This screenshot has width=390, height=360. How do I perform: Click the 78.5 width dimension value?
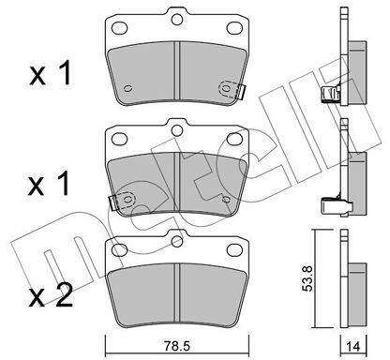[176, 346]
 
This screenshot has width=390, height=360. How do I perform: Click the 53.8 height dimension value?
[308, 278]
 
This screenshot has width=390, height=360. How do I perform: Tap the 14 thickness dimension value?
[352, 346]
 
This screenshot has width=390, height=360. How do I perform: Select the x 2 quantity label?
[51, 295]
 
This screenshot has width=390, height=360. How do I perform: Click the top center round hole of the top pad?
[177, 20]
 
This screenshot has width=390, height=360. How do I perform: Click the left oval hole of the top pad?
[119, 28]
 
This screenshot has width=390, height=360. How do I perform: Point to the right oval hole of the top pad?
[234, 28]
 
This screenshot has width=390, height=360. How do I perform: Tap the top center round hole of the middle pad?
[177, 129]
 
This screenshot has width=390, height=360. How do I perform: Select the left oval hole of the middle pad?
[119, 139]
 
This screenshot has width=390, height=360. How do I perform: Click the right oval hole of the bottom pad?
[234, 250]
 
